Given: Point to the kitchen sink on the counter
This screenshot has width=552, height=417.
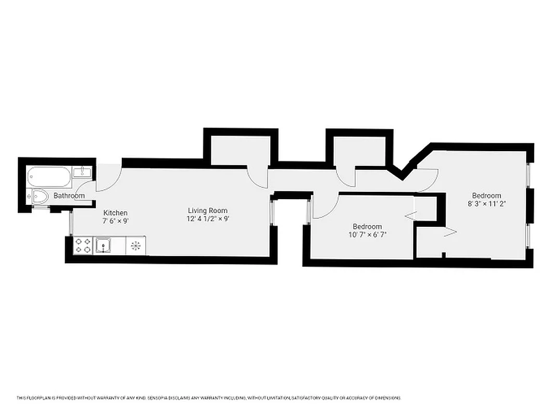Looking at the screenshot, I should [103, 245].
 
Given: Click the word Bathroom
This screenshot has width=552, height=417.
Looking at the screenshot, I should [69, 196].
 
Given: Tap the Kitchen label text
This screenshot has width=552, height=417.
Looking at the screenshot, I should [115, 213].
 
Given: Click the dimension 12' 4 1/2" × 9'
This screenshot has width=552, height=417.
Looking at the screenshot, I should [208, 219].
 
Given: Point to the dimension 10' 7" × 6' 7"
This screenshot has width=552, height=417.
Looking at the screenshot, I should [367, 235].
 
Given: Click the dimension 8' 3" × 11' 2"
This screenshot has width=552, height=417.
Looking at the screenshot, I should [486, 204].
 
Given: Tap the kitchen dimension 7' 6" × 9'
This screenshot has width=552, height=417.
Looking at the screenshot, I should [115, 221].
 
